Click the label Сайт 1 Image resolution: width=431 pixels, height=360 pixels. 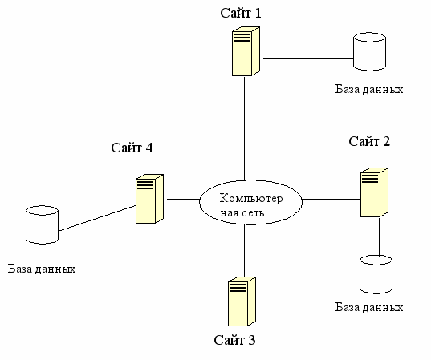[x=241, y=13]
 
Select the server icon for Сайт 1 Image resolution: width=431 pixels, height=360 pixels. [x=246, y=51]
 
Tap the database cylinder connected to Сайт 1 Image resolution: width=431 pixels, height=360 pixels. [x=369, y=51]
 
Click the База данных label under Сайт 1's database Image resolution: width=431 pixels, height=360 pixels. [x=369, y=90]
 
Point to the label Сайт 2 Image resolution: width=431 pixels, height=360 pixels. [x=369, y=141]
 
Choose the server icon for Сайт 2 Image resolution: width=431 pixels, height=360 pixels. [x=374, y=192]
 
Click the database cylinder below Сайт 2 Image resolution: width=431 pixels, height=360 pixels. [x=376, y=274]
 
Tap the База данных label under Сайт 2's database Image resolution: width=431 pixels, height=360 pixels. [x=369, y=307]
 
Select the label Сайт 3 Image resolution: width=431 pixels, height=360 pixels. [x=234, y=340]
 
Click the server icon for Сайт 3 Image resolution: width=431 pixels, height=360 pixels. [x=242, y=301]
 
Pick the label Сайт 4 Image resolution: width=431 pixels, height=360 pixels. [x=132, y=148]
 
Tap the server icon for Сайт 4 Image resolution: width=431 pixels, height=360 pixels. [x=149, y=199]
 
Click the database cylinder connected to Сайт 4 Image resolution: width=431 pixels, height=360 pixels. [x=42, y=224]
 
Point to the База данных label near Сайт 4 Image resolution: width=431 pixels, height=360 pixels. [x=42, y=269]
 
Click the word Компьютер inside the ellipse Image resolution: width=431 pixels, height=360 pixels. [x=251, y=198]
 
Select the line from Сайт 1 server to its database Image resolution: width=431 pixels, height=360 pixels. [x=308, y=58]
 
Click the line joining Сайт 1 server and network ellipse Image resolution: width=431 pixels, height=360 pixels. [x=244, y=128]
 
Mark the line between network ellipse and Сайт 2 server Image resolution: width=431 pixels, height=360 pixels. [x=331, y=199]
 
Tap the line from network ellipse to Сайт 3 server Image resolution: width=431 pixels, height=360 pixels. [x=244, y=250]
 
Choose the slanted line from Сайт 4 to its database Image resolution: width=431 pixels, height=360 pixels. [x=97, y=218]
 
